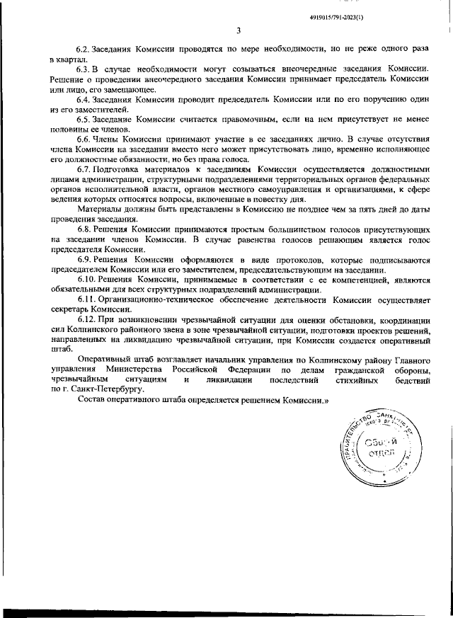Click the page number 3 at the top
point(239,30)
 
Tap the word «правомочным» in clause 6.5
point(233,121)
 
